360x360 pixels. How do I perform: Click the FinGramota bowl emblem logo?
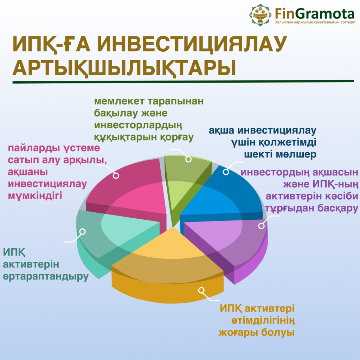tap(260, 15)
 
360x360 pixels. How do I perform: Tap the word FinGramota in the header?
tap(315, 14)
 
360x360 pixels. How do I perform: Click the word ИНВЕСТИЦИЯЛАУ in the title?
tap(192, 44)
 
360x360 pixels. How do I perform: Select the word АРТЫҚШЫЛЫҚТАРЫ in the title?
tap(124, 68)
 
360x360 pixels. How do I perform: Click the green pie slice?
tap(184, 184)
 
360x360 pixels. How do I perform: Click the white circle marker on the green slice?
tap(188, 159)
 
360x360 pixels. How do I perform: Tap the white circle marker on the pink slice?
tap(116, 176)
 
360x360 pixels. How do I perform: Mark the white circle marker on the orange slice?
tap(201, 290)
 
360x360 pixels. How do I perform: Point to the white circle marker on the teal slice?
tap(82, 232)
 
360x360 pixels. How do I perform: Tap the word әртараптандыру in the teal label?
tap(46, 277)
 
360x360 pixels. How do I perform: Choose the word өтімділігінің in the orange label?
tap(263, 321)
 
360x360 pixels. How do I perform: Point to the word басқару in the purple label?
tap(338, 208)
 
